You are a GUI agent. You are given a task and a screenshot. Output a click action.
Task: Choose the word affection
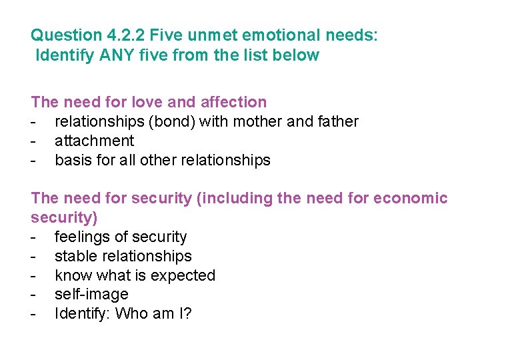[231, 102]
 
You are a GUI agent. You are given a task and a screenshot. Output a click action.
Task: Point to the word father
[337, 121]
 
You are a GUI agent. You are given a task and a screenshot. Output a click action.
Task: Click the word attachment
[94, 141]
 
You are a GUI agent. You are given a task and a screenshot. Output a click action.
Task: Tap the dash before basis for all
[33, 160]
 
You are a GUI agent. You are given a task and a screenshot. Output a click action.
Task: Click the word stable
[75, 256]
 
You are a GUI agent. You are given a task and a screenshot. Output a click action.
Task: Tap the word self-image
[91, 294]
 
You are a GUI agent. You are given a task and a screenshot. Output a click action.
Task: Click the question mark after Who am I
[187, 313]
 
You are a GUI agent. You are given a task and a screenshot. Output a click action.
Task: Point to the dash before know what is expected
[33, 275]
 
